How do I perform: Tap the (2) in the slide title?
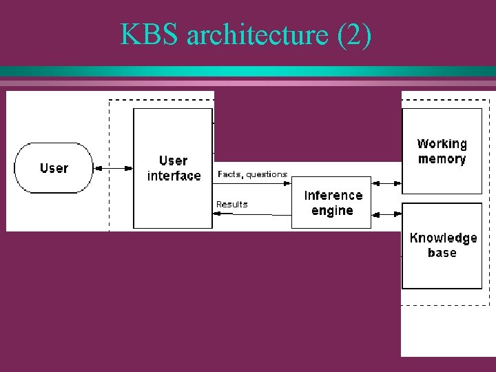[354, 35]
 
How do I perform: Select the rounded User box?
[54, 168]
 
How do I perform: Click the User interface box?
[173, 168]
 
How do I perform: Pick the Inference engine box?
[331, 203]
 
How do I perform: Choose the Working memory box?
[442, 151]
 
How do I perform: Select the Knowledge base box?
[442, 245]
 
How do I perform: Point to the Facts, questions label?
[252, 174]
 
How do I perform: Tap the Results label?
[231, 204]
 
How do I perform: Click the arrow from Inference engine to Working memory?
[386, 183]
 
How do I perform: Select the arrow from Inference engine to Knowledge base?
[386, 214]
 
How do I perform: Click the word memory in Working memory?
[442, 159]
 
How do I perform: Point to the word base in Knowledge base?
[442, 253]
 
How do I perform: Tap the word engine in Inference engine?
[332, 211]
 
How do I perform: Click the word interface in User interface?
[174, 176]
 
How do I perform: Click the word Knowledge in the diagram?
[443, 238]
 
